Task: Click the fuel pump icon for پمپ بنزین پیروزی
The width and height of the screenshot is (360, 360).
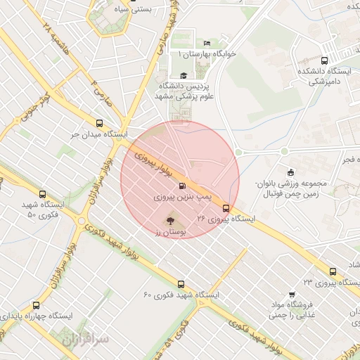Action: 183,186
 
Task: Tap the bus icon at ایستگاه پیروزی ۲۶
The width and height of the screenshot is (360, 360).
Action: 226,208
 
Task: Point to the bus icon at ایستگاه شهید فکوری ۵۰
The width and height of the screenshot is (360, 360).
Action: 43,194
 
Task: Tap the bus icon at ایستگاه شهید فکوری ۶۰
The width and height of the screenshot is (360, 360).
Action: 181,285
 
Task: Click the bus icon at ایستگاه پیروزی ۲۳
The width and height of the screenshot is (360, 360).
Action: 333,271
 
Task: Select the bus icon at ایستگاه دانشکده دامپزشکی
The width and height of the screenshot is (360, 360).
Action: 323,60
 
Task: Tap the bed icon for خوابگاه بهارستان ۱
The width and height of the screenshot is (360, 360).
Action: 205,43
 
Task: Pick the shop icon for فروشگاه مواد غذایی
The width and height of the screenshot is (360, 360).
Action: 292,295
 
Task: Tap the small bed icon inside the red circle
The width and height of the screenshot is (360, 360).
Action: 196,165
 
